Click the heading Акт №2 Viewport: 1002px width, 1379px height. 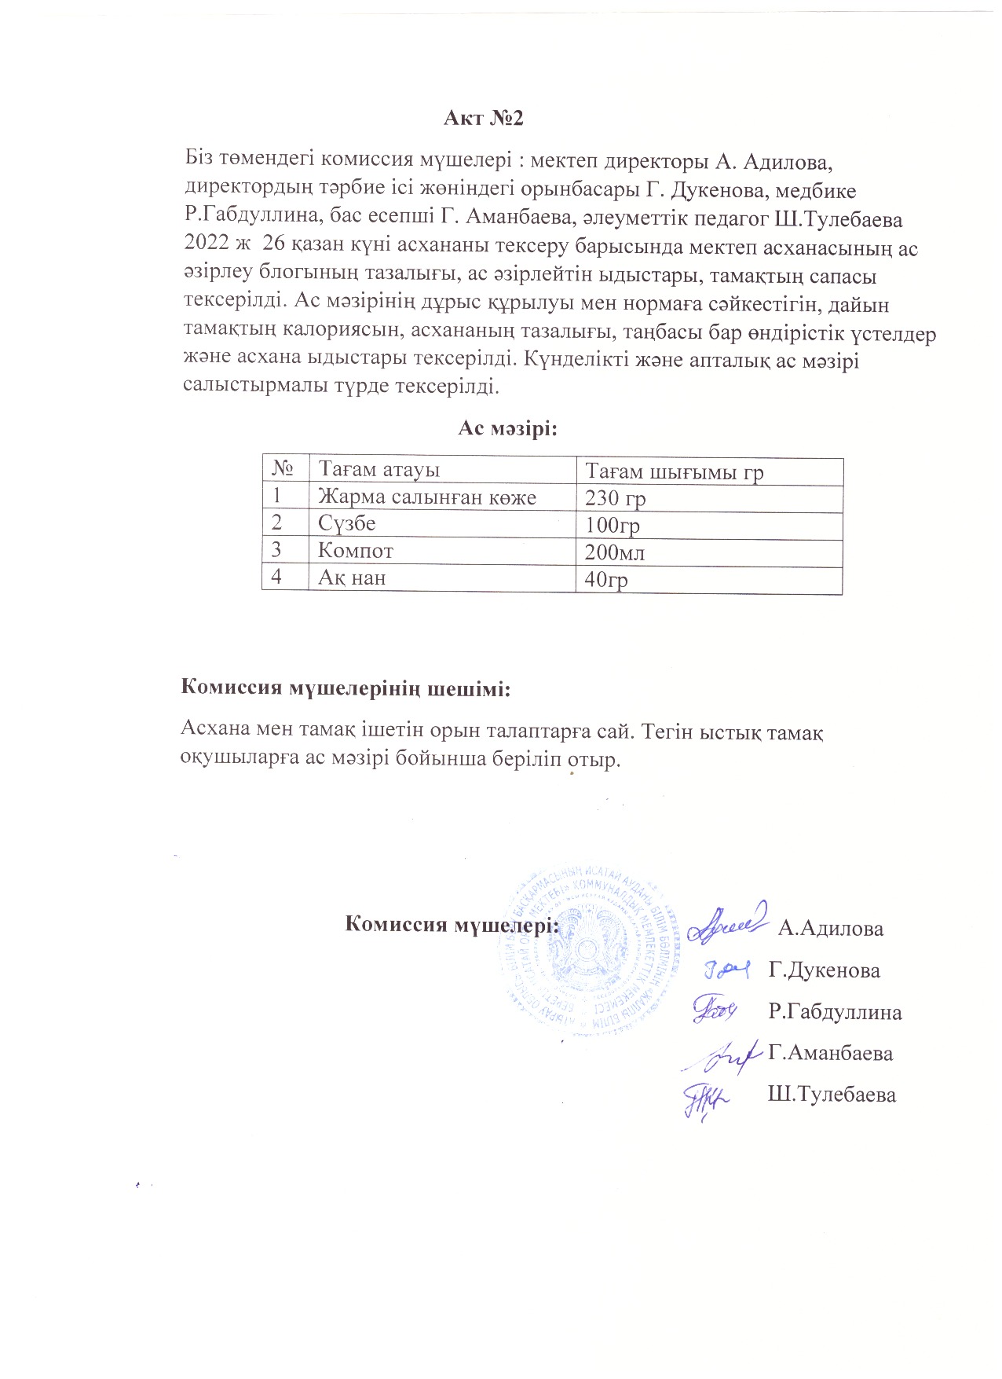point(483,119)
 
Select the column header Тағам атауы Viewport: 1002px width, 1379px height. point(378,470)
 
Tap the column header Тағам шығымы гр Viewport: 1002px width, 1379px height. point(675,472)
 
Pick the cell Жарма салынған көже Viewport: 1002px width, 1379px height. point(427,497)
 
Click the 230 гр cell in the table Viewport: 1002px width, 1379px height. point(616,499)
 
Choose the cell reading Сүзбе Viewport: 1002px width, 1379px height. point(346,523)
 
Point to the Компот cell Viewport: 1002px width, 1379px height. point(356,551)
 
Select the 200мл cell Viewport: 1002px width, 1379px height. point(615,553)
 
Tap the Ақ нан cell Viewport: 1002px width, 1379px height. point(352,578)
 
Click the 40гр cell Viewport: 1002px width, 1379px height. point(606,580)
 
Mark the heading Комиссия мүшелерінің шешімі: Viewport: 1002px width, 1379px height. point(346,688)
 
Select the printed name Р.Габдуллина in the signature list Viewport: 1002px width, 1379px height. point(835,1012)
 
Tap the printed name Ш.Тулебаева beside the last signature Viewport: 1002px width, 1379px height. point(832,1095)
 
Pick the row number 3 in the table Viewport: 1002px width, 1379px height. point(276,551)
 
